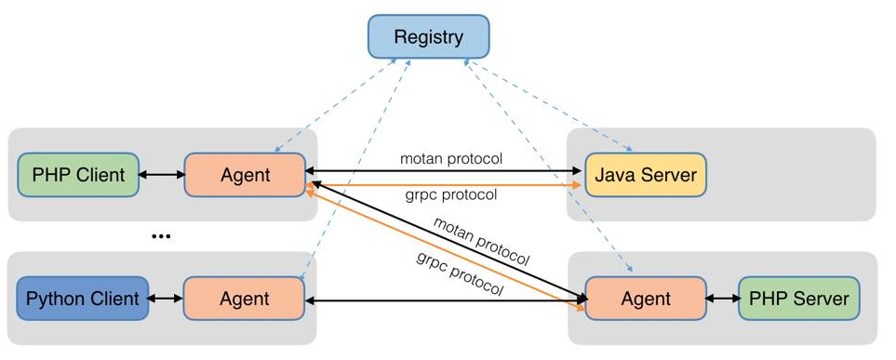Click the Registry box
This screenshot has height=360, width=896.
coord(428,38)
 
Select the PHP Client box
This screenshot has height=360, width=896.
coord(78,174)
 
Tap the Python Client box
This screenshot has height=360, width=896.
coord(83,299)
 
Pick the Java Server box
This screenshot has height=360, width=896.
coord(645,174)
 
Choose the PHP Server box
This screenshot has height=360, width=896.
coord(799,299)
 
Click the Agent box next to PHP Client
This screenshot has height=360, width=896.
coord(245,174)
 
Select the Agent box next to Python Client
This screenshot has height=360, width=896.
coord(245,299)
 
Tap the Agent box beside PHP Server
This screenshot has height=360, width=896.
coord(645,299)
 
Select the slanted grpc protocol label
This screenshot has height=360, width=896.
coord(460,273)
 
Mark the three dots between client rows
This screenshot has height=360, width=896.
coord(161,237)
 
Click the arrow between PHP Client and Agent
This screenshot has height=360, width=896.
coord(161,174)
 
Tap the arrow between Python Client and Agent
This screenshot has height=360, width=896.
coord(166,299)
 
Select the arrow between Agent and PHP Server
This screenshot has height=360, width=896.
coord(722,299)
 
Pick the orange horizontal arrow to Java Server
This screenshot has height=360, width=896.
coord(447,185)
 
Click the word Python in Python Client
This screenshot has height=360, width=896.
coord(57,299)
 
